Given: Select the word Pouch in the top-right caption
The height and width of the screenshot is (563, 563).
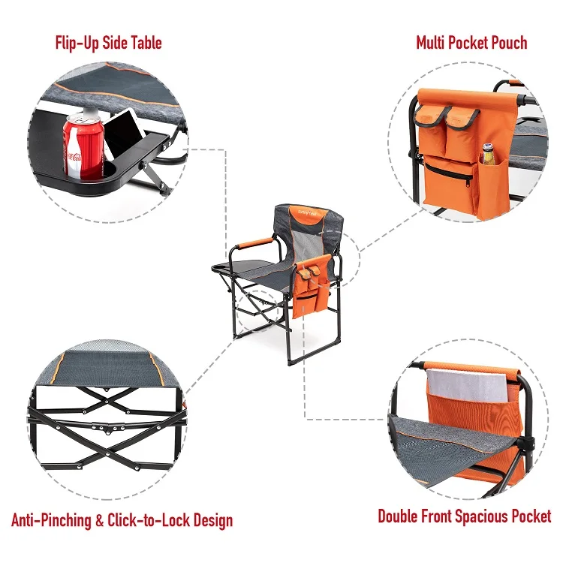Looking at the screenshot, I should (506, 42).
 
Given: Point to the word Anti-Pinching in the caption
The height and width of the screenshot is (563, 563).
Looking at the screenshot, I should (53, 520).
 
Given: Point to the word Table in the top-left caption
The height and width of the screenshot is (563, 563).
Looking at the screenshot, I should (142, 42).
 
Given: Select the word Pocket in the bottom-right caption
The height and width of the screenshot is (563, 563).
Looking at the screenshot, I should (529, 516).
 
